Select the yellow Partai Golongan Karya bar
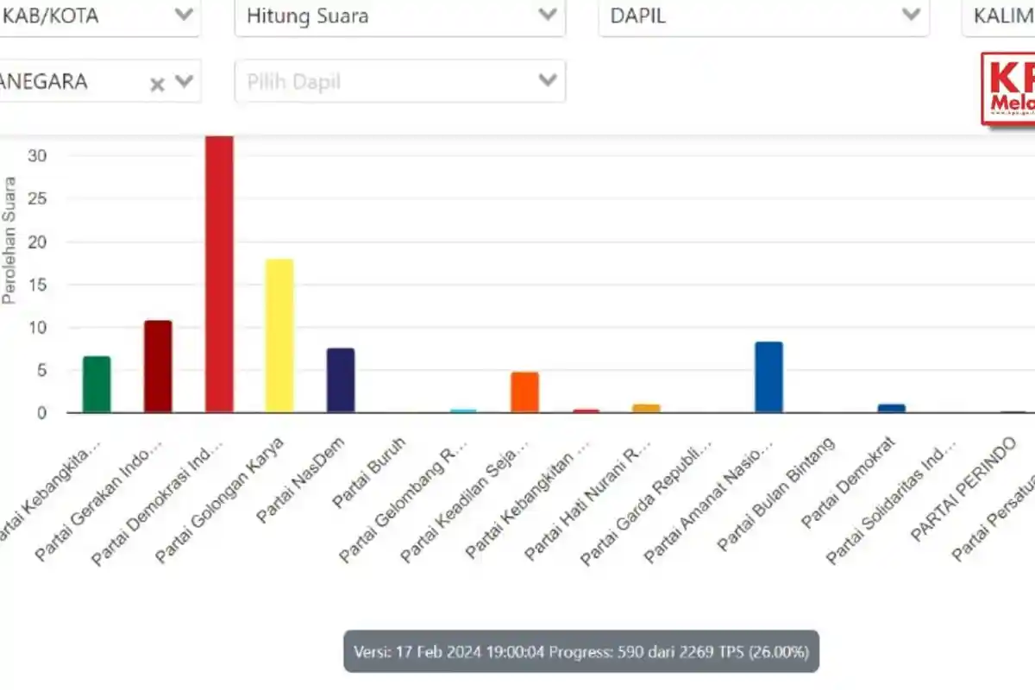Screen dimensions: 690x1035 279,336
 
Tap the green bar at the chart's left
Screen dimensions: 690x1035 97,385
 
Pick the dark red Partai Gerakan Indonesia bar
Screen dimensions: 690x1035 158,367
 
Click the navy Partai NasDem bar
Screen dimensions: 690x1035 341,380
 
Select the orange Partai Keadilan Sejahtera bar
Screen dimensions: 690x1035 524,392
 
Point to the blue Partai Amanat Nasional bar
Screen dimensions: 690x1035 768,377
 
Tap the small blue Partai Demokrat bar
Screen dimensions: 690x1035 891,408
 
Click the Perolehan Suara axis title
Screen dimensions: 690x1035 9,240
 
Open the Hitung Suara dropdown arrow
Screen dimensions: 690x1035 547,15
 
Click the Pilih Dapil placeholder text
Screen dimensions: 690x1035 293,82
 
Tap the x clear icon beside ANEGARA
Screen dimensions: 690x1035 157,84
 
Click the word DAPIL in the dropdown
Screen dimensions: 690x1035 637,16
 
